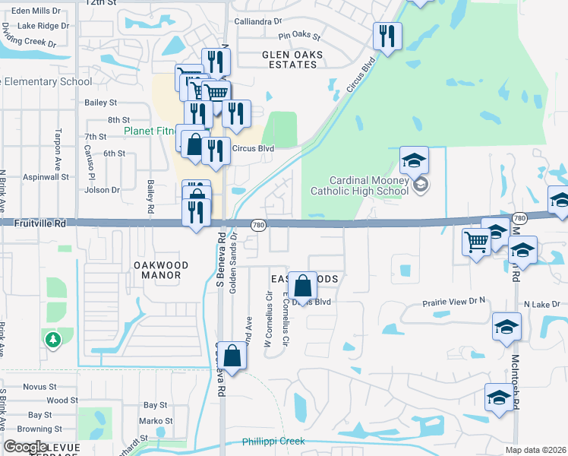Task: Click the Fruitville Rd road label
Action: (39, 224)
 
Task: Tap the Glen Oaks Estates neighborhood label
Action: (292, 59)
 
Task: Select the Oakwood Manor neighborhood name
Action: (161, 271)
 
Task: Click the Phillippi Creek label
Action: (273, 442)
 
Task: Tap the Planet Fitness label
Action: (149, 131)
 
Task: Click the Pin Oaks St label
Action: (299, 36)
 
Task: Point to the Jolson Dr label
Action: (105, 190)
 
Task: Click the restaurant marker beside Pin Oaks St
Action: (387, 36)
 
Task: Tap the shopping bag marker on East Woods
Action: (302, 287)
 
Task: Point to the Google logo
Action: (24, 446)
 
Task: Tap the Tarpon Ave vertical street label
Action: (57, 148)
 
